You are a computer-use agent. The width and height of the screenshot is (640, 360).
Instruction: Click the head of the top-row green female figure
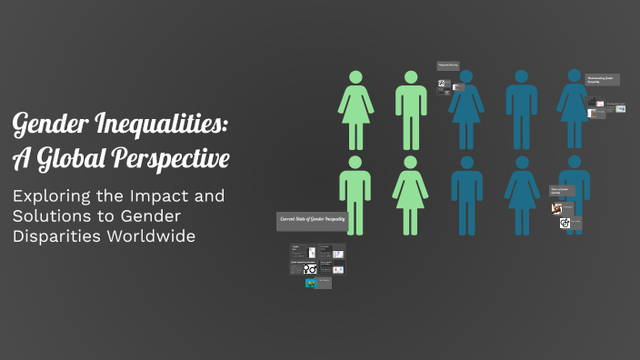355,77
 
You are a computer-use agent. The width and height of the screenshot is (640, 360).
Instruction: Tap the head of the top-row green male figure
411,77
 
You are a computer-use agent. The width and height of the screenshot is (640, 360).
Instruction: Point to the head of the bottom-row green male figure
355,164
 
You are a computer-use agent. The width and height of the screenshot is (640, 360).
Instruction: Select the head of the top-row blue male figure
522,77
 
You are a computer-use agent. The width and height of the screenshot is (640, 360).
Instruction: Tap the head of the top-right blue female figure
575,77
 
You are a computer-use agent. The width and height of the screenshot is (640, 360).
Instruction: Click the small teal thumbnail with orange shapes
312,283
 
